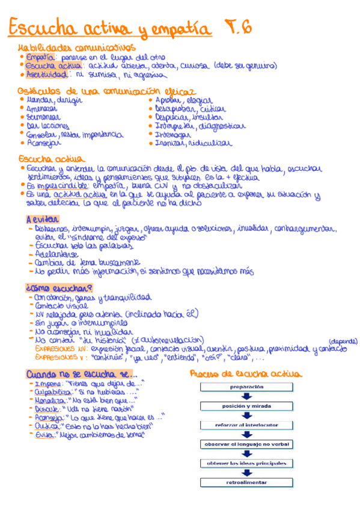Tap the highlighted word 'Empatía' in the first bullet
pos(40,57)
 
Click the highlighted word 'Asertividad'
pos(44,75)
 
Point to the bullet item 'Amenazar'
pos(42,109)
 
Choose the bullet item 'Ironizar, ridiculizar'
pos(194,144)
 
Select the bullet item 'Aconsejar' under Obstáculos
pos(44,144)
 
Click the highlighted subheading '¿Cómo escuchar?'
pos(50,287)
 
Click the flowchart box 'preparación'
pos(246,388)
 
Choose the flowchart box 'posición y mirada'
pos(246,407)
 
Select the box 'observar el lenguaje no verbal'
pos(246,444)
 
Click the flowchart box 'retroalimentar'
pos(246,482)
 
